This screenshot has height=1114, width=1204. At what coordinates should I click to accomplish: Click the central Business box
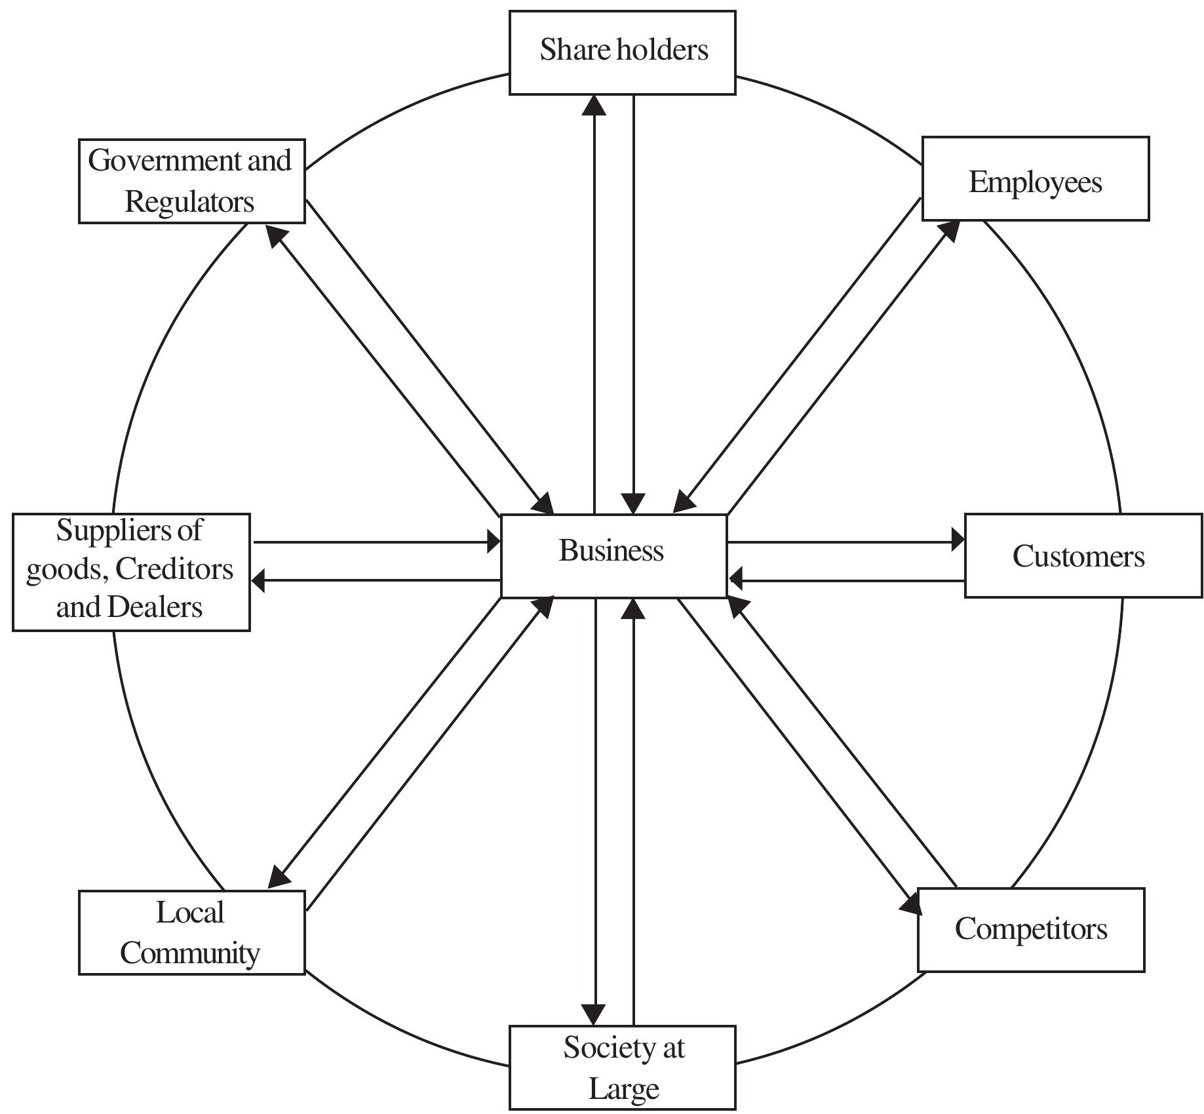tap(613, 555)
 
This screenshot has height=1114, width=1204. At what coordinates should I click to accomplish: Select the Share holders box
tap(622, 52)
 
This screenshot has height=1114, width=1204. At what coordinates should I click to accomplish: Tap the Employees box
tap(1035, 179)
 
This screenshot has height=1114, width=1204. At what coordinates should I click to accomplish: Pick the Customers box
tap(1083, 555)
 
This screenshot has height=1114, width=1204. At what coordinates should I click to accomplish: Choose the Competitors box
tap(1030, 929)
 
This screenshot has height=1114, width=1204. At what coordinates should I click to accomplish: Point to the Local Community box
tap(191, 932)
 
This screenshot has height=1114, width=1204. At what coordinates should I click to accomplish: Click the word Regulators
tap(189, 201)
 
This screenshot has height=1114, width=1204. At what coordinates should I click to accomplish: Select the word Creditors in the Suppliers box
tap(174, 568)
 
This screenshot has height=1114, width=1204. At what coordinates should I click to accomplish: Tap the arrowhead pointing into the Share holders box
tap(594, 105)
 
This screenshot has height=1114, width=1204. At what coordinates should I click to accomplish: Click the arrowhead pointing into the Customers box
tap(958, 541)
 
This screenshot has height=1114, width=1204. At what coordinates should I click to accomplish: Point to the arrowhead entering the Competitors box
tap(911, 905)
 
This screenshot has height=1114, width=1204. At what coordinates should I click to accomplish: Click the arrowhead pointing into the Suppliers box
tap(259, 580)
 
